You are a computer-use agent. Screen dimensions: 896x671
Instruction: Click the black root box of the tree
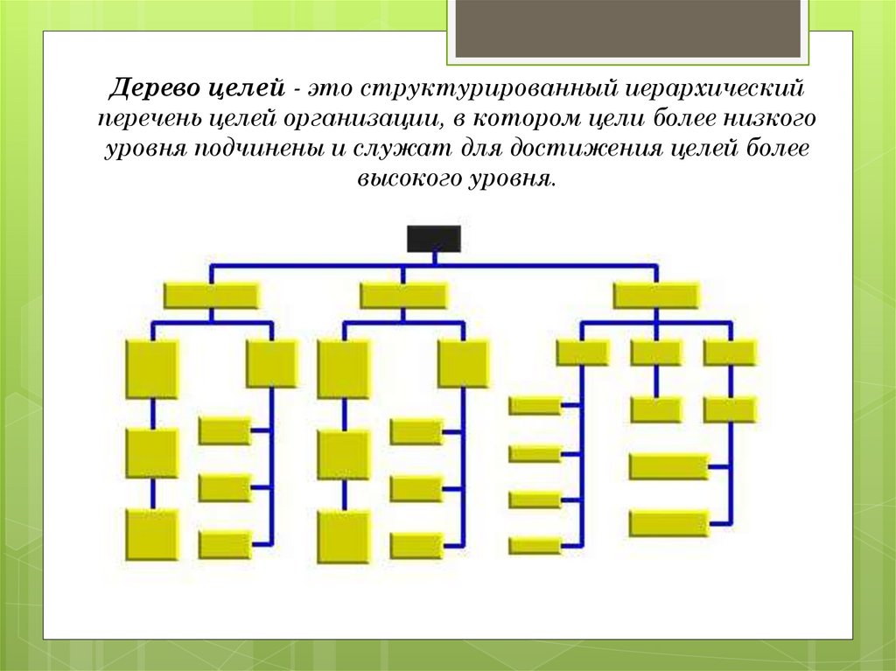[433, 238]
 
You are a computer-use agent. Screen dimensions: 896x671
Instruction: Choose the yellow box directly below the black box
[403, 296]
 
